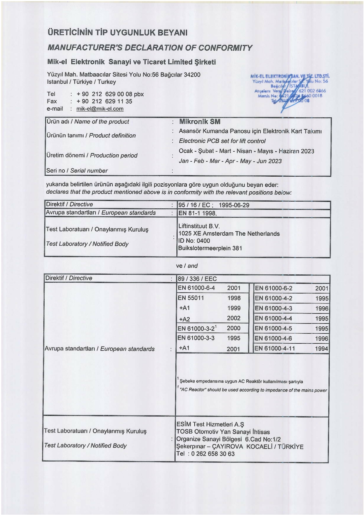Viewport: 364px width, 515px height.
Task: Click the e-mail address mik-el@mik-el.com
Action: (100, 109)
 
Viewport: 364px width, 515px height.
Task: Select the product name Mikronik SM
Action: (200, 121)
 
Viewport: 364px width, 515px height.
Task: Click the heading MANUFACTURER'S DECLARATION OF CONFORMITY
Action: (150, 48)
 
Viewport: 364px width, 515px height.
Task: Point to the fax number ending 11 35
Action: (104, 102)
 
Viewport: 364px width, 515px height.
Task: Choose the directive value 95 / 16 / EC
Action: (194, 205)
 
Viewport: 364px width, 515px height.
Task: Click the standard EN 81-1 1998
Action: (197, 213)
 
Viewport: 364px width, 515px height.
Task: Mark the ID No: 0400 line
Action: (194, 241)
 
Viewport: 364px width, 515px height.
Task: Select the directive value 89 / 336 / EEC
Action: (197, 279)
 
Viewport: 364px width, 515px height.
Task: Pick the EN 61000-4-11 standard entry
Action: (275, 349)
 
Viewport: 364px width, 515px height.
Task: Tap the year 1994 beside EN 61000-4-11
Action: (321, 349)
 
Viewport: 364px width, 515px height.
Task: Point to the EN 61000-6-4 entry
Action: (196, 288)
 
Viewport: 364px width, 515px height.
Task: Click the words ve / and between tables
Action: (187, 266)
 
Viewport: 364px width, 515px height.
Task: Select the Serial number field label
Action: (77, 171)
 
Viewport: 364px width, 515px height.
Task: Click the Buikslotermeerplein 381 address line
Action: (210, 248)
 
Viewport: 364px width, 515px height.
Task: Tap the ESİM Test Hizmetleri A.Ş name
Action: (210, 424)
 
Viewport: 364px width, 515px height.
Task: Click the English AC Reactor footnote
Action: (253, 390)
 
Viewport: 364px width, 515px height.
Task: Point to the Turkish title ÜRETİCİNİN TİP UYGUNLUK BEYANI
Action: (117, 32)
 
